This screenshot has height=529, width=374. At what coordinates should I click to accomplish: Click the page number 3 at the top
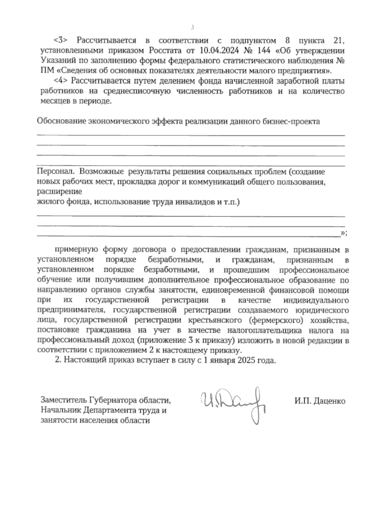pyautogui.click(x=192, y=28)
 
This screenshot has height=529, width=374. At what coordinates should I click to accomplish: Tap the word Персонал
pyautogui.click(x=55, y=171)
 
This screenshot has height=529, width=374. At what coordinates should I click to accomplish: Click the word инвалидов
pyautogui.click(x=193, y=202)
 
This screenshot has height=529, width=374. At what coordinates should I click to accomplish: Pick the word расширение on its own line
pyautogui.click(x=60, y=191)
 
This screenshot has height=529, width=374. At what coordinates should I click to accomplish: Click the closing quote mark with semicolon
pyautogui.click(x=343, y=233)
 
